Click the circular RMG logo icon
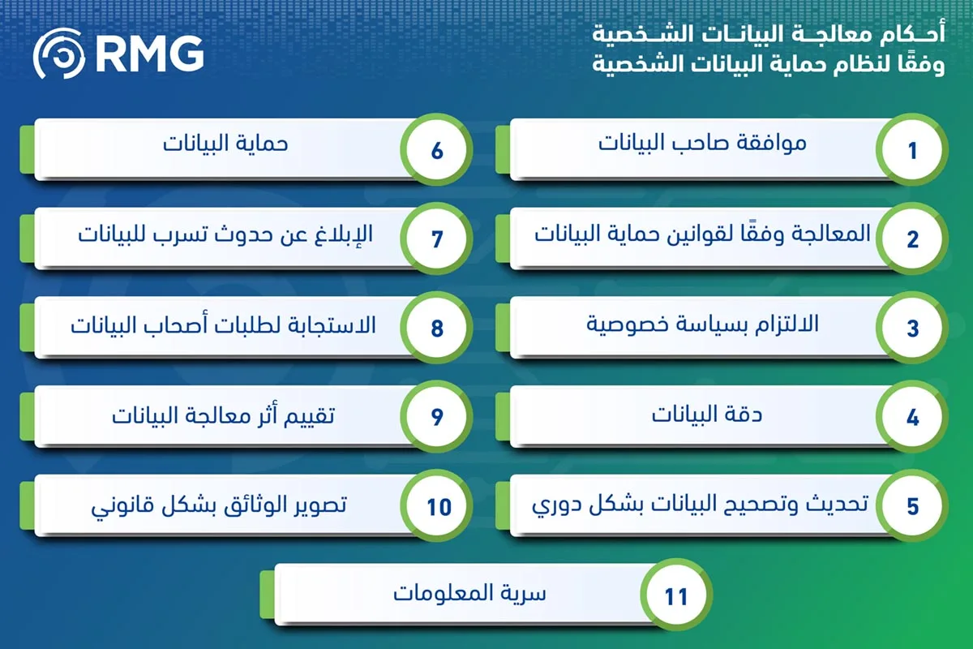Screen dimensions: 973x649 [x=58, y=54]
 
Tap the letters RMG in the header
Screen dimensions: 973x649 [x=150, y=54]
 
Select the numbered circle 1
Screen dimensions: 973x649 [x=912, y=150]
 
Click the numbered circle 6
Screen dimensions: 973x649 [x=436, y=150]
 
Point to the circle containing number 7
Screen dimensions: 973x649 [x=436, y=239]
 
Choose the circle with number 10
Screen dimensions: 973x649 [x=436, y=505]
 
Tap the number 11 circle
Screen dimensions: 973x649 [x=676, y=595]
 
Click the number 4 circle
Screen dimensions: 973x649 [x=912, y=416]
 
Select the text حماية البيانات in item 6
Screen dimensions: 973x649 [x=225, y=144]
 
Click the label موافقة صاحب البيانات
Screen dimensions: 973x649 [x=702, y=143]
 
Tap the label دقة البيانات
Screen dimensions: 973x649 [x=707, y=414]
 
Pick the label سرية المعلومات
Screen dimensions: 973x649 [x=469, y=593]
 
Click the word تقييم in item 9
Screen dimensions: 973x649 [x=309, y=415]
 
